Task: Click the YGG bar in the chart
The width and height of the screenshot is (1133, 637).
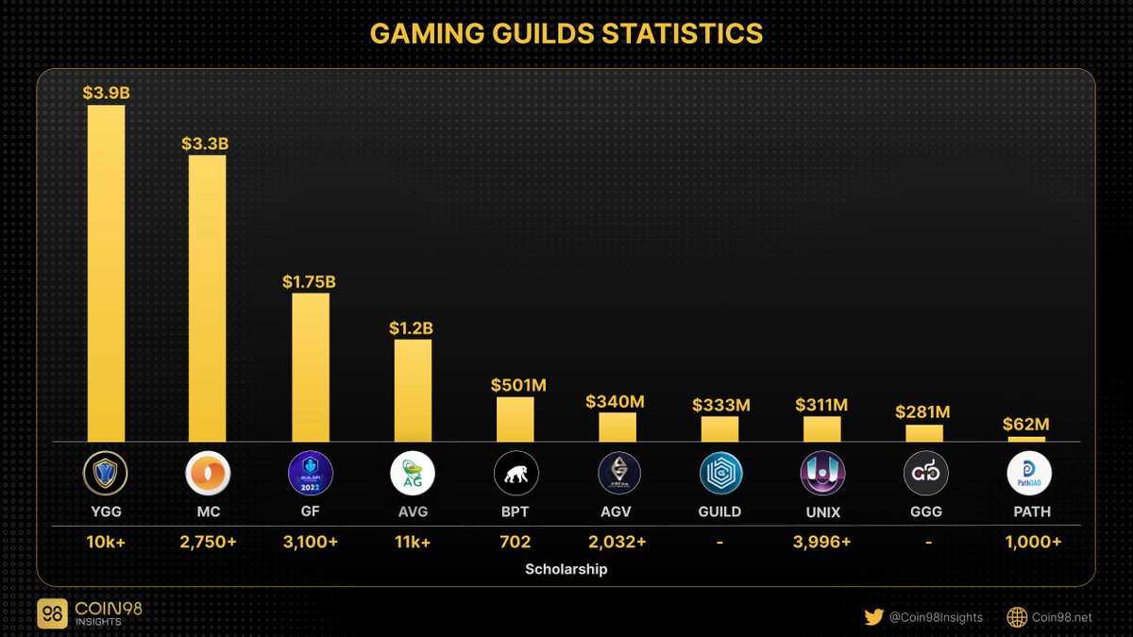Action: (x=106, y=273)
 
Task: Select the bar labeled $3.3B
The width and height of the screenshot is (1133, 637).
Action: (x=207, y=298)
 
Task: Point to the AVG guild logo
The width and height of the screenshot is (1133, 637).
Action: (x=412, y=473)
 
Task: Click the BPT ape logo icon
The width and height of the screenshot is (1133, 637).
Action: (x=516, y=473)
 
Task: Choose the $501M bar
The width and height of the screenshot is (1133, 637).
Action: (x=516, y=419)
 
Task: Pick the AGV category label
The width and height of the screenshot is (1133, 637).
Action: (x=618, y=511)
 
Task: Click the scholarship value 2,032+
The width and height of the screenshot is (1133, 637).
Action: (x=618, y=543)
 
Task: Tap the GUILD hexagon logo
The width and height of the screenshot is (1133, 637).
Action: (x=721, y=473)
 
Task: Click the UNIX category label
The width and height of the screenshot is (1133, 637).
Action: (x=823, y=511)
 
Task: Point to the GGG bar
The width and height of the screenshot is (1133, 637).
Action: (x=924, y=433)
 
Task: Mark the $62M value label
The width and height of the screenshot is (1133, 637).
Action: (x=1026, y=425)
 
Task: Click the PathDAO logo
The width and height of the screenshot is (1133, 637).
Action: (x=1027, y=473)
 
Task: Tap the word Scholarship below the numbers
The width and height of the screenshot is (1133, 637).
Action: (x=566, y=569)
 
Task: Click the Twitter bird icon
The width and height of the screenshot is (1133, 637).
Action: (x=873, y=617)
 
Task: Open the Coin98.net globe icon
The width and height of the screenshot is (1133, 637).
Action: (x=1017, y=617)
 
